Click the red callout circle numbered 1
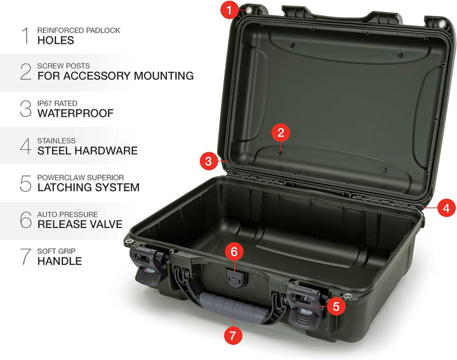click(229, 11)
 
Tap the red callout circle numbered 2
click(281, 133)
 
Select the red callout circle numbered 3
click(208, 161)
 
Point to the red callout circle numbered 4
click(446, 208)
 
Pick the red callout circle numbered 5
click(336, 307)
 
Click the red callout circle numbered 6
click(234, 251)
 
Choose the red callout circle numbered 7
click(233, 335)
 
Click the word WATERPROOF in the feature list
click(76, 113)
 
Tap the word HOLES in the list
click(56, 40)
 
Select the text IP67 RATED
click(57, 103)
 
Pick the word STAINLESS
click(56, 140)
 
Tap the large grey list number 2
click(25, 71)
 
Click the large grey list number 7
click(25, 257)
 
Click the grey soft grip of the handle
click(233, 307)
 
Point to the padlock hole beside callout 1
click(249, 11)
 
